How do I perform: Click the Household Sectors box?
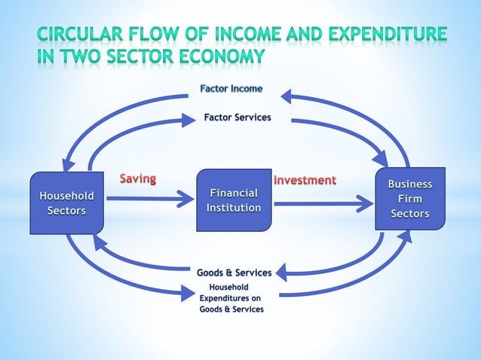[x=66, y=203]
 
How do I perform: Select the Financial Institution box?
[x=234, y=200]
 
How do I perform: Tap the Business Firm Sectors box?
[x=410, y=198]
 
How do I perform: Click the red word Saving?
[x=138, y=179]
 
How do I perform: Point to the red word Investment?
[x=305, y=180]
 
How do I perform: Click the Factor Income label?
[x=231, y=89]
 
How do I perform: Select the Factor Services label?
[x=237, y=117]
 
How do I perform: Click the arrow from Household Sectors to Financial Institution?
[x=151, y=200]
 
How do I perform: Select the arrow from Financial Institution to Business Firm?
[x=324, y=202]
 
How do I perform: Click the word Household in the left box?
[x=66, y=196]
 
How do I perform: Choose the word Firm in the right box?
[x=410, y=199]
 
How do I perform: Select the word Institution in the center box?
[x=234, y=208]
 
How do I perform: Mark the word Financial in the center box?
[x=234, y=194]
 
